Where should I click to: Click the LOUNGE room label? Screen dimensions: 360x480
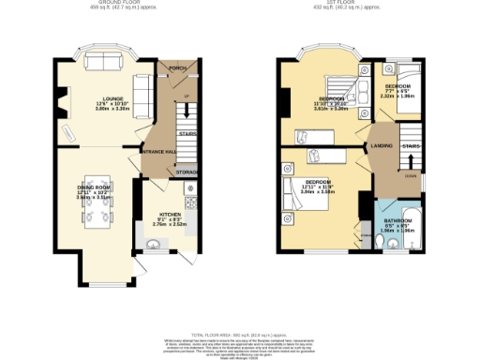coord(101,97)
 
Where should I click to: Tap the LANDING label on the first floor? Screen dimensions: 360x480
coord(381,145)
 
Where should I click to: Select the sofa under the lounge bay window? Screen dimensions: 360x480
coord(101,63)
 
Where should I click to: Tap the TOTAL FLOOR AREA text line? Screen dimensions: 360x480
coord(238,335)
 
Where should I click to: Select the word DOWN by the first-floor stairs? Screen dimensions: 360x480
coord(410,174)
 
